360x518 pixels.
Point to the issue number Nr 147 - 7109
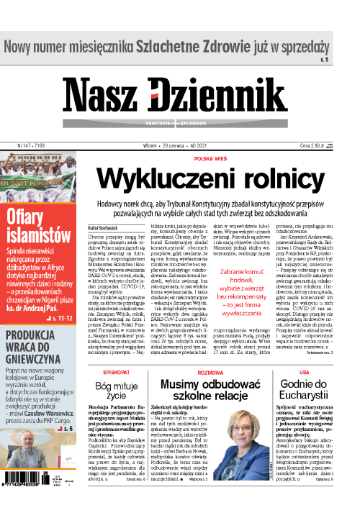point(24,145)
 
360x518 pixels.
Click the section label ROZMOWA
point(211,372)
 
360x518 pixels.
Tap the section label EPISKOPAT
point(115,373)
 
